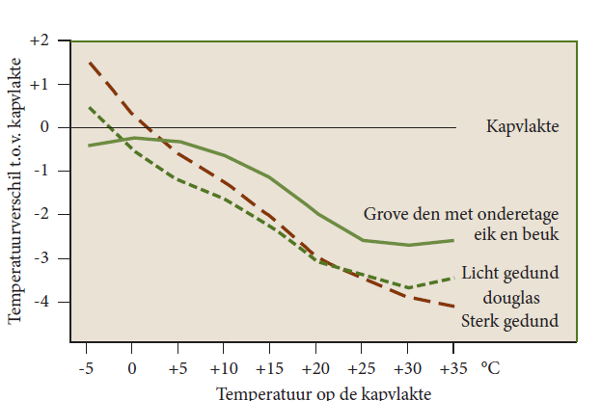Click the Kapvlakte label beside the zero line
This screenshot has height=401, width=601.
523,126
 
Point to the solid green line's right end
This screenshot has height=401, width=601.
452,240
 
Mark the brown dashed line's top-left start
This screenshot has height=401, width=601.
89,63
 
